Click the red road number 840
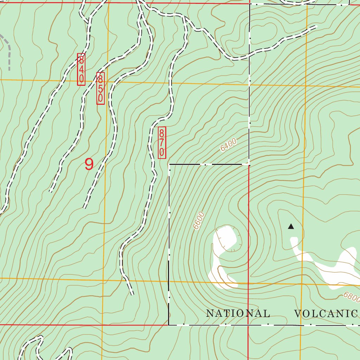(81, 69)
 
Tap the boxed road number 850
(101, 88)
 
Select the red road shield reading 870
(162, 142)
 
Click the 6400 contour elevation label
(229, 145)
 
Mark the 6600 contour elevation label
(199, 220)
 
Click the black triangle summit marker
(291, 226)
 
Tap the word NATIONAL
(238, 313)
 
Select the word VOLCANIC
(326, 314)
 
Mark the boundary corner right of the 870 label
(169, 164)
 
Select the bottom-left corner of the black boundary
(169, 325)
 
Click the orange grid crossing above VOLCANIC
(302, 284)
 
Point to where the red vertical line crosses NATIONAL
(248, 313)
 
